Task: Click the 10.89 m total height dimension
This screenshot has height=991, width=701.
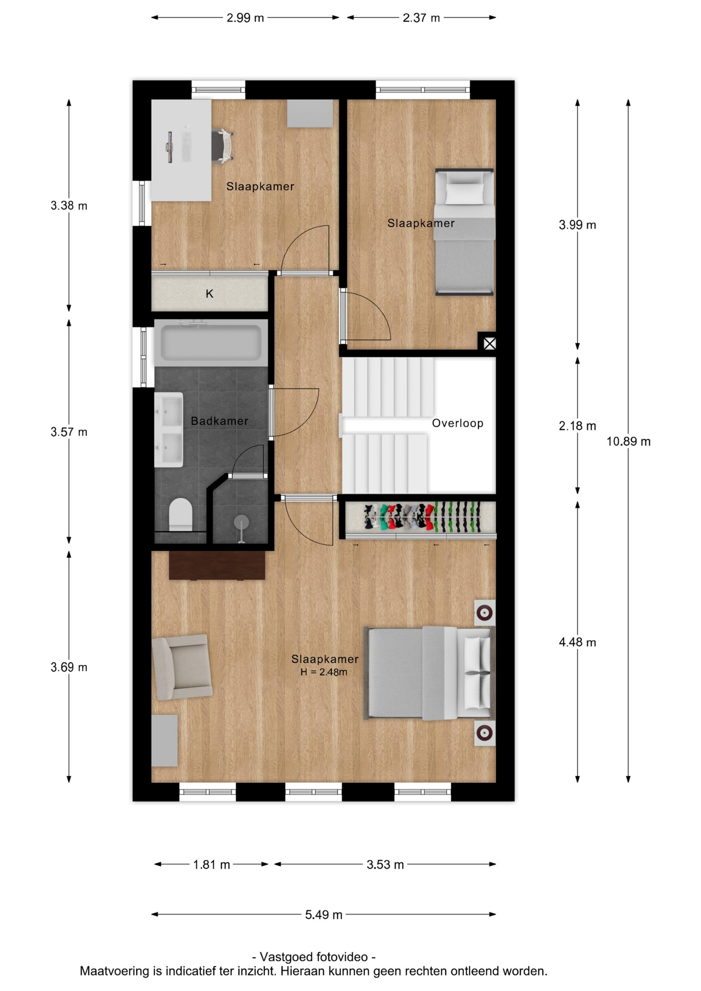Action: (x=628, y=441)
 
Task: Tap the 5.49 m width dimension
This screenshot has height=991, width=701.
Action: (x=324, y=915)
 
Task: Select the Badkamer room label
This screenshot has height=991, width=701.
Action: (x=219, y=421)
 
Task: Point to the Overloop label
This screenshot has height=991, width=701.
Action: (x=458, y=423)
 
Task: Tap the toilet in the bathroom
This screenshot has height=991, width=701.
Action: (x=181, y=514)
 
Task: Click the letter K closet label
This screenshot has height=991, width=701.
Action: (x=210, y=294)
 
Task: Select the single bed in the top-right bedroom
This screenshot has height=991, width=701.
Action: (x=464, y=232)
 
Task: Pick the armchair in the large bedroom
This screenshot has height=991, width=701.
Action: (x=182, y=667)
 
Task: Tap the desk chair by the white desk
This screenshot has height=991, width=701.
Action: (x=223, y=146)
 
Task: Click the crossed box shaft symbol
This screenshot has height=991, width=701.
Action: (x=489, y=343)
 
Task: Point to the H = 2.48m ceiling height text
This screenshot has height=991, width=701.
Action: (x=324, y=672)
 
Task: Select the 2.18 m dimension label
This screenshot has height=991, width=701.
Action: (x=578, y=426)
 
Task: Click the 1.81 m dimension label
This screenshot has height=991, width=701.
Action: (x=212, y=865)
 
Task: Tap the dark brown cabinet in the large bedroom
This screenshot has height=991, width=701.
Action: (x=217, y=565)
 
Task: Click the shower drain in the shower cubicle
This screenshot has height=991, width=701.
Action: (x=241, y=522)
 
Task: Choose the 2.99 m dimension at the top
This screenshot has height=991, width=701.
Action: (x=245, y=18)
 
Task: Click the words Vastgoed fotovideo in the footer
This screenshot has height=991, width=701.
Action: (x=314, y=956)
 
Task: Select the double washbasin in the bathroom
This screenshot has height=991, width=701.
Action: (x=169, y=430)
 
